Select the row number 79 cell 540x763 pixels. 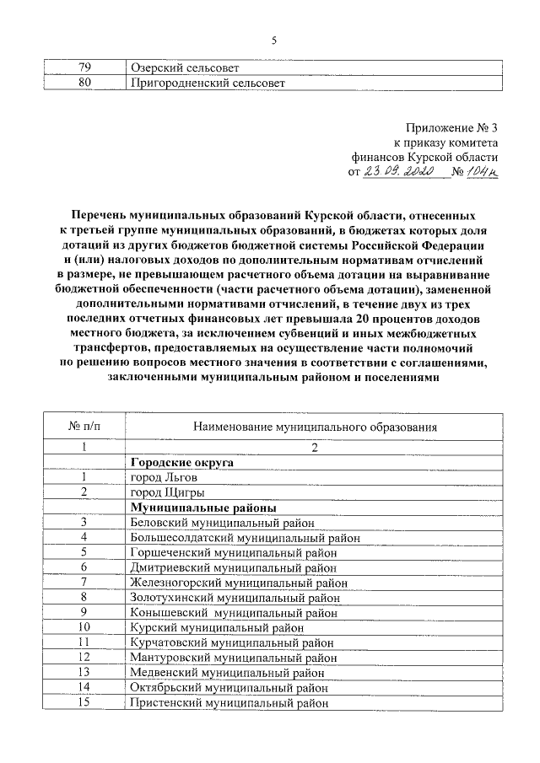(84, 67)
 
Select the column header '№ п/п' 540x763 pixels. (84, 427)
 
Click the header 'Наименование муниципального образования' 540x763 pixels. (314, 427)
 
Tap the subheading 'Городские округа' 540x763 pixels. (181, 462)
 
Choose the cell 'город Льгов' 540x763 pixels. (164, 477)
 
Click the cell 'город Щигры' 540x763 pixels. (166, 492)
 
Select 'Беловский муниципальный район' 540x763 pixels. (223, 523)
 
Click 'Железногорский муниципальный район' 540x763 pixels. (239, 582)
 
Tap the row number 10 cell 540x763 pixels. (84, 627)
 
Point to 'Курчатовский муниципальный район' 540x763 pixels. (232, 642)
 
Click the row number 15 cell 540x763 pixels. (84, 702)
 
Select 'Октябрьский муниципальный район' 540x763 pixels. (227, 688)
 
